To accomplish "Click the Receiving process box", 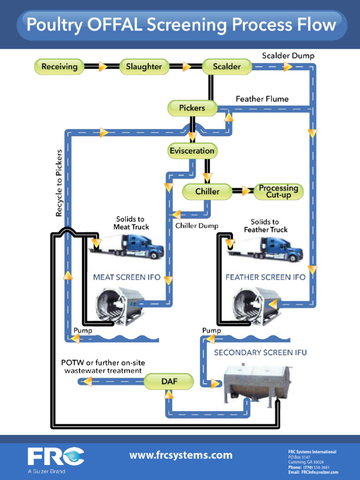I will coord(59,67).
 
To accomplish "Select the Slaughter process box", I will coord(143,67).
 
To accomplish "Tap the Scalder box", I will coord(227,67).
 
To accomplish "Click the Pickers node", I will coord(192,108).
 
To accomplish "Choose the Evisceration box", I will coord(192,151).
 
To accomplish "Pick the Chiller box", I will coord(207,191).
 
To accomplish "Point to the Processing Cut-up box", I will coord(278,191).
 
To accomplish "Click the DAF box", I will coord(169,382).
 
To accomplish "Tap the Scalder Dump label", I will coord(288,56).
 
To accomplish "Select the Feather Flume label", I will coord(262,99).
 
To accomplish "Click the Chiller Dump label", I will coord(197,226).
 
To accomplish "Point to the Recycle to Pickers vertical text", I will coord(59,183).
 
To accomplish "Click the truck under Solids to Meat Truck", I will coord(129,246).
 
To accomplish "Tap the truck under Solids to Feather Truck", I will coord(267,249).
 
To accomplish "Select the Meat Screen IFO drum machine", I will coord(120,306).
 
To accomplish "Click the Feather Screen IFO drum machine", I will coord(257,306).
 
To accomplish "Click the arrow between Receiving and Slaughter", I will coord(102,67).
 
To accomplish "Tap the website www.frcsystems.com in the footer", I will coord(181,455).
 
